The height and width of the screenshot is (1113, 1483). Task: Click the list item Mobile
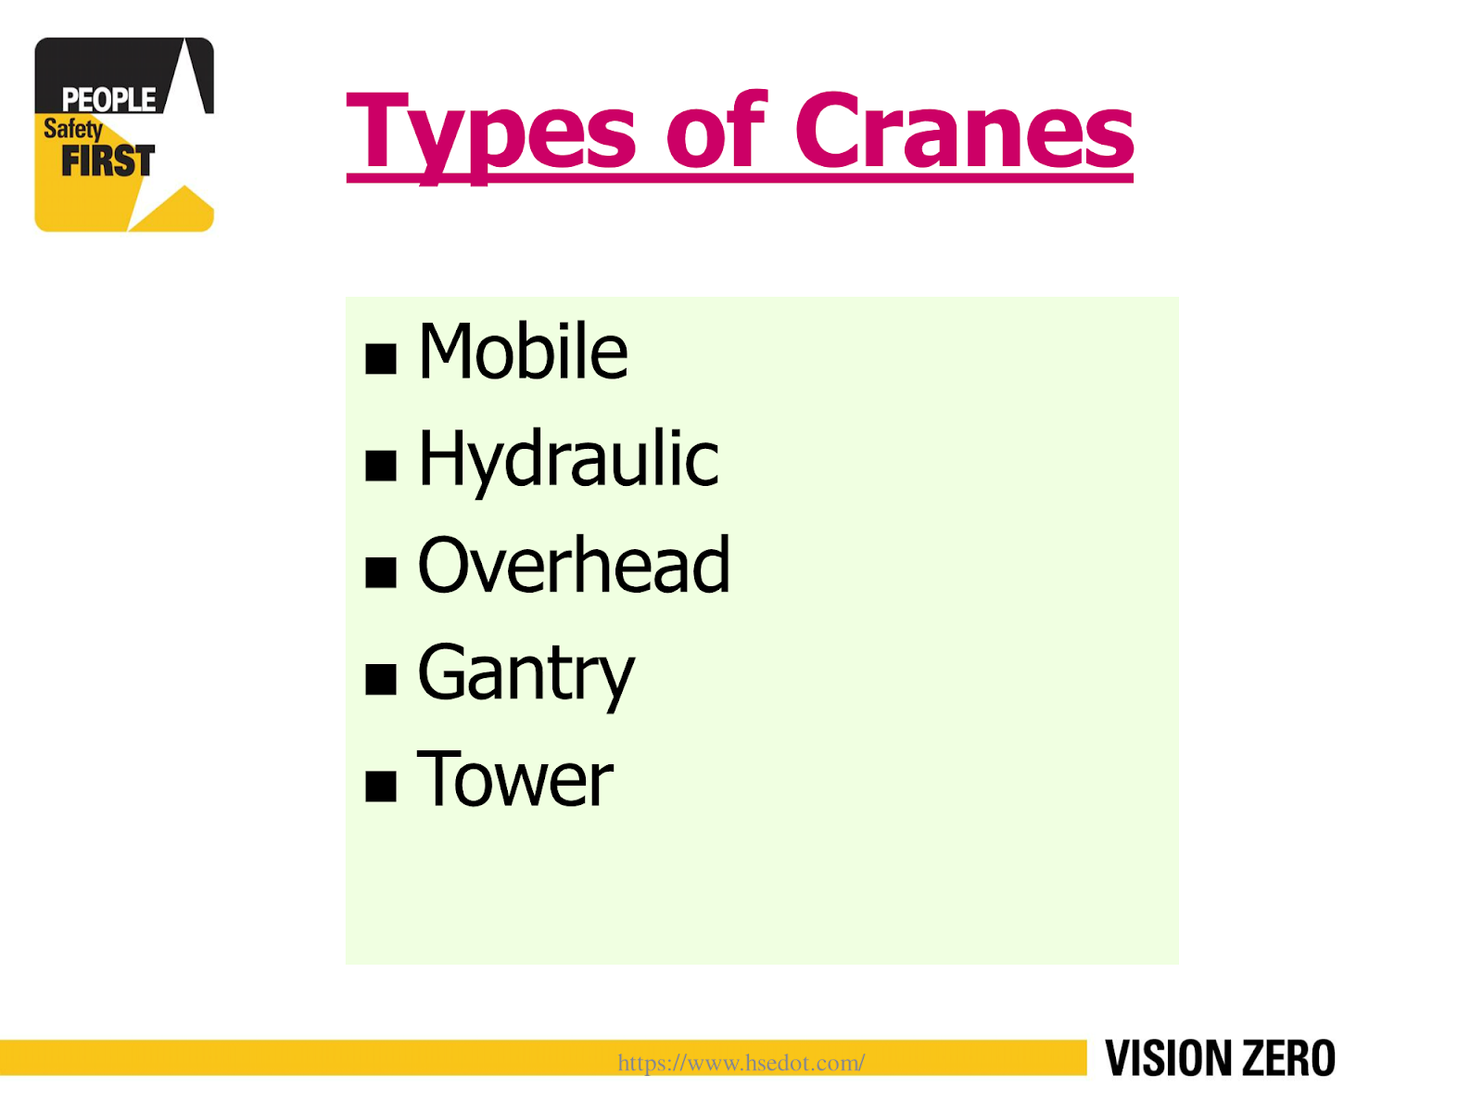click(523, 352)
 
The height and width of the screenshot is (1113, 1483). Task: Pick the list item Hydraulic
click(568, 460)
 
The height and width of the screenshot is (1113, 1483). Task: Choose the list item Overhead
click(574, 566)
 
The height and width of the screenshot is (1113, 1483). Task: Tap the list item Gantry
click(526, 674)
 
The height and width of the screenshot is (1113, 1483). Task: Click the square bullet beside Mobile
click(381, 358)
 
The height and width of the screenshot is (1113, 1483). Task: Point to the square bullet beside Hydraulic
click(381, 466)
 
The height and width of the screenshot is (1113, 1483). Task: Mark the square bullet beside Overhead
click(381, 572)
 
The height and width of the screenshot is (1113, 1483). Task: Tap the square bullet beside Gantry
click(381, 680)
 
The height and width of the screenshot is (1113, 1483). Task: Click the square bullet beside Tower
click(381, 787)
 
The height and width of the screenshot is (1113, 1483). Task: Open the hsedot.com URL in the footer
click(741, 1063)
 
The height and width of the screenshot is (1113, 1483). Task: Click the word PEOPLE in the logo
click(108, 99)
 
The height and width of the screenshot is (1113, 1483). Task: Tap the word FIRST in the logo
click(108, 161)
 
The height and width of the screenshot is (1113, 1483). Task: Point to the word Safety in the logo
click(72, 129)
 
